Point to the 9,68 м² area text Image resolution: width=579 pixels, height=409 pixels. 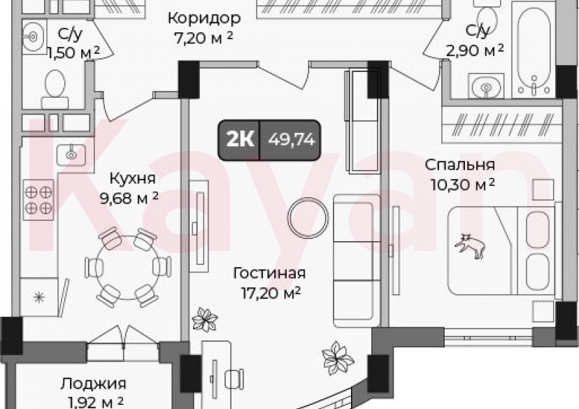click(129, 198)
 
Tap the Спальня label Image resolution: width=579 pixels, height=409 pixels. click(461, 166)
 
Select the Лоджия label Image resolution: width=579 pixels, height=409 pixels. click(92, 383)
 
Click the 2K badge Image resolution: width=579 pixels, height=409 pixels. click(240, 139)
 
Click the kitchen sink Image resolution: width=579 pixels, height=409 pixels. click(71, 152)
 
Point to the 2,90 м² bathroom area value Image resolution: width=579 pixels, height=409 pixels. click(476, 50)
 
